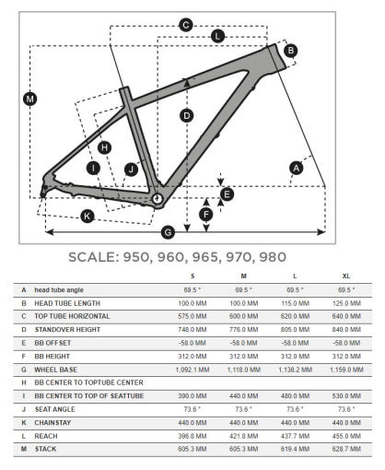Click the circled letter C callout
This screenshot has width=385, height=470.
click(186, 25)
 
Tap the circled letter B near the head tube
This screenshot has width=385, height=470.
click(290, 51)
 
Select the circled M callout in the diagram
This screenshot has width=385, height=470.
click(30, 99)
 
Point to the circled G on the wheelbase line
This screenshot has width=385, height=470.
click(168, 232)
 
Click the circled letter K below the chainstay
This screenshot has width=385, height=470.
click(87, 217)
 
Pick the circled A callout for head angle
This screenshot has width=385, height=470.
click(297, 168)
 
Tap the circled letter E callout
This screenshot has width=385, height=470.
click(227, 194)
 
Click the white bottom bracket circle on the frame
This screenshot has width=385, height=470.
click(157, 198)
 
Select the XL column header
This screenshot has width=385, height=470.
click(346, 276)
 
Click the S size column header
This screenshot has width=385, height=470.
click(192, 276)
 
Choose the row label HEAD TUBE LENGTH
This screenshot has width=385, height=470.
click(67, 303)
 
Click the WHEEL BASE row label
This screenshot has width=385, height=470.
click(55, 370)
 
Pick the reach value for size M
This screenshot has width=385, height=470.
click(243, 436)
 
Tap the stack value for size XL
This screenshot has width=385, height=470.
click(346, 449)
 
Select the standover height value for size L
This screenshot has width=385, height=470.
click(295, 330)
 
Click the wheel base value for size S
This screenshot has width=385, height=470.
click(192, 370)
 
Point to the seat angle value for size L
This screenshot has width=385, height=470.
click(295, 409)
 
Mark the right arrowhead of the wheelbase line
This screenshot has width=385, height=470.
click(321, 232)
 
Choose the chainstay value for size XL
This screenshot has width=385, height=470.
click(346, 423)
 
